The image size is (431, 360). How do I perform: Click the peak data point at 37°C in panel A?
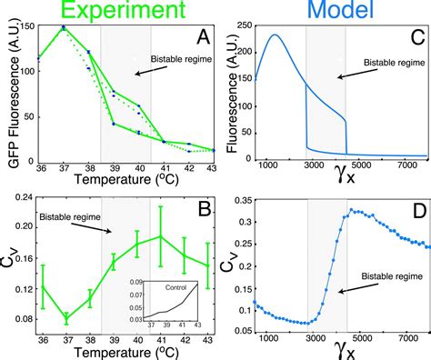click(x=63, y=28)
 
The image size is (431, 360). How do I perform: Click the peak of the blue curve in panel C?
click(x=275, y=35)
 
